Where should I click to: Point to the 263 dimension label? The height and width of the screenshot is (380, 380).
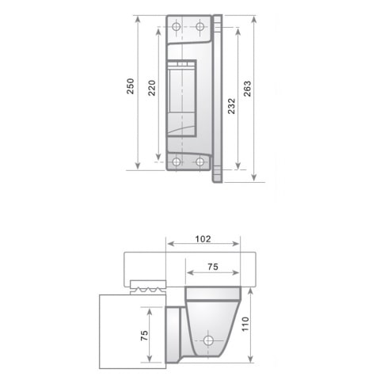[249, 89]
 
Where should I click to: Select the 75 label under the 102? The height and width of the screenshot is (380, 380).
[211, 268]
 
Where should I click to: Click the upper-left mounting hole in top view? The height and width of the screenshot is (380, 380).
[177, 28]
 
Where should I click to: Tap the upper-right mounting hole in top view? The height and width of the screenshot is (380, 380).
[199, 28]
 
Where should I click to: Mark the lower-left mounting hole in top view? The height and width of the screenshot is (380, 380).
[177, 162]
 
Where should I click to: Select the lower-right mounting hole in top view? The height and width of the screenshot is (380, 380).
[199, 162]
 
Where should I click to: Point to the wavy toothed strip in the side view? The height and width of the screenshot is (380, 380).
[147, 291]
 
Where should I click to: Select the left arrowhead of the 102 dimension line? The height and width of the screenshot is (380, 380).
[167, 244]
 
